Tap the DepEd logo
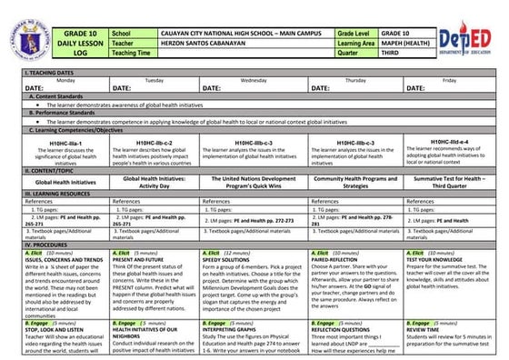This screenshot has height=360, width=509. [x=464, y=35]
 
